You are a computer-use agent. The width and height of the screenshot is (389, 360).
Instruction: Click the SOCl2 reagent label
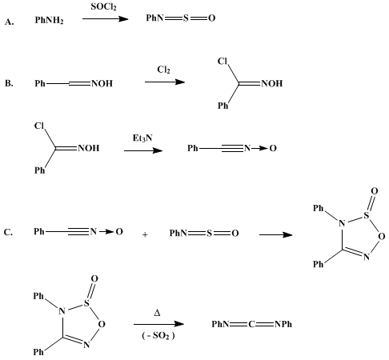tap(103, 6)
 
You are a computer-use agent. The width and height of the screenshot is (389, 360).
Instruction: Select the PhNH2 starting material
tap(49, 20)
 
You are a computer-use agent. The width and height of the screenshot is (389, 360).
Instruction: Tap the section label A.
tap(9, 22)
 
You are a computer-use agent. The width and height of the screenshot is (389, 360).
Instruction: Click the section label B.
tap(9, 83)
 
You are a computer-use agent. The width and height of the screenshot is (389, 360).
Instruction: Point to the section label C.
tap(8, 232)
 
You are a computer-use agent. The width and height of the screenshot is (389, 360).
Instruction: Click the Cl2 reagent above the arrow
tap(163, 70)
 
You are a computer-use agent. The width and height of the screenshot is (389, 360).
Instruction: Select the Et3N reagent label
tap(142, 138)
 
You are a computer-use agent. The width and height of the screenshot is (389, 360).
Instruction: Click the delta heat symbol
tap(157, 313)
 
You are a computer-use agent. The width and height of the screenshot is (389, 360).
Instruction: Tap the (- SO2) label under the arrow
tap(158, 335)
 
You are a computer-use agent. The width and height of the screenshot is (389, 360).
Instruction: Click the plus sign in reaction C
tap(145, 234)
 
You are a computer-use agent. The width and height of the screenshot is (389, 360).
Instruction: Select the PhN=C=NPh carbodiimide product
tap(252, 324)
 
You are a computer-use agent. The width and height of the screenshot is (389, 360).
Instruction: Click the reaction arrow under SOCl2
tap(106, 18)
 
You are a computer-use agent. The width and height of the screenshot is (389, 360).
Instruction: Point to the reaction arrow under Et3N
tap(143, 150)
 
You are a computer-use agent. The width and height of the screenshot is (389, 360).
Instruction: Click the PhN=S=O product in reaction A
tap(181, 18)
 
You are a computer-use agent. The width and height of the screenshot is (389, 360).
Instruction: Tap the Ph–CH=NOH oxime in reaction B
tap(74, 83)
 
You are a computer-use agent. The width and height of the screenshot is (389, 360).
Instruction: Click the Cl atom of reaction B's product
tap(223, 62)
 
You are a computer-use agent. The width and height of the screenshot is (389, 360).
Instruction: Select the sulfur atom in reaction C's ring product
tap(367, 215)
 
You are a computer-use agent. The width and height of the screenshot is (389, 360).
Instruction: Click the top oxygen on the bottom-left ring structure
tap(94, 278)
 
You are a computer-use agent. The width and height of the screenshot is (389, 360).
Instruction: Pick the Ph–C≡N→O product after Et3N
tap(232, 148)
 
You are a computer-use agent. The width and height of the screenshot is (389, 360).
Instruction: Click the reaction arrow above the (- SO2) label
tap(158, 324)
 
